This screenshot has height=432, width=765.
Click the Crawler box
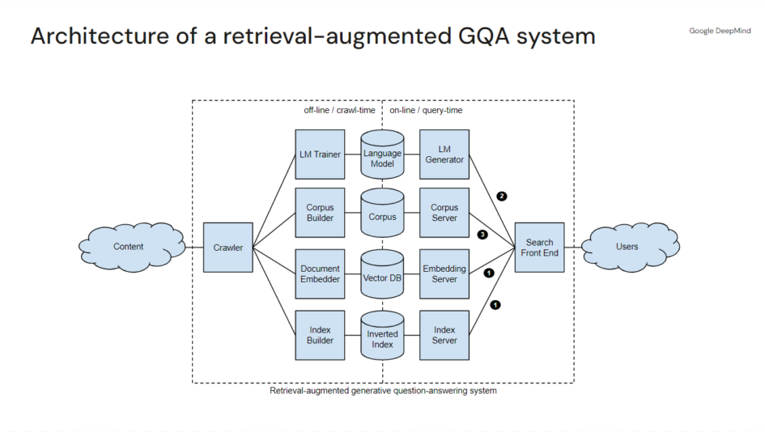228,248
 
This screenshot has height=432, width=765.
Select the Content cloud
129,247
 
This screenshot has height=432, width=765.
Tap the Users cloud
627,247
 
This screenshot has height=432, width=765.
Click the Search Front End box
539,248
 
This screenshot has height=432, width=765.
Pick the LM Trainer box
320,155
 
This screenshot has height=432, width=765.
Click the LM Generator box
444,155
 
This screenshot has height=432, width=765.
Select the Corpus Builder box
320,213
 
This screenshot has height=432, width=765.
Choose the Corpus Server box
444,213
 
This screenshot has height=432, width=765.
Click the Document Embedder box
320,274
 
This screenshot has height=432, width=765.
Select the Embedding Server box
444,274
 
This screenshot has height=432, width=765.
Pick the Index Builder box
320,335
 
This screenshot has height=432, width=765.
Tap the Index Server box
444,335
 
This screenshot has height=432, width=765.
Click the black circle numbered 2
502,196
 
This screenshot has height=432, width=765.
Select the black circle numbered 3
482,235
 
